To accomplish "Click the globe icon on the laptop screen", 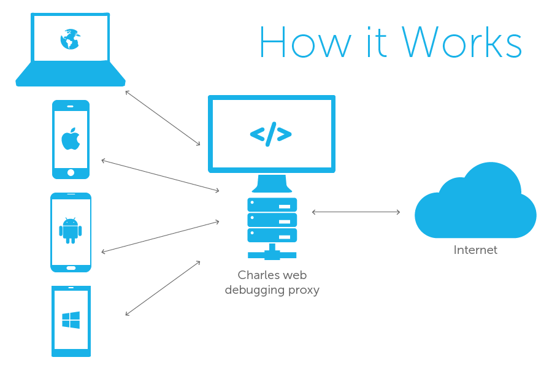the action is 70,39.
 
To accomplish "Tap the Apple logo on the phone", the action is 71,139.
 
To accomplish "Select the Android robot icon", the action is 71,231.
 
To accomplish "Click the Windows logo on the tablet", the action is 71,320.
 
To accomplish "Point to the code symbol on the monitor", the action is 270,134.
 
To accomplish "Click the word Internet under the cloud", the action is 475,250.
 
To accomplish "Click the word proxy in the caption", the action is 304,290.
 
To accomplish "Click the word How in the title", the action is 305,42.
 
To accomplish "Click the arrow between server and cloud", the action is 356,212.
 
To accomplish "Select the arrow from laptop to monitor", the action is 163,118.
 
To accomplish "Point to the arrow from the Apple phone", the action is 160,175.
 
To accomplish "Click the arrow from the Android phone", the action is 160,237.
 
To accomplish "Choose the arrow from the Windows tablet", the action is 163,288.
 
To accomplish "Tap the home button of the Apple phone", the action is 71,172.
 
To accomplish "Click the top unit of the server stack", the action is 272,205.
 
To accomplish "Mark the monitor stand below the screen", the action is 272,183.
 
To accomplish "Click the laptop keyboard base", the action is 71,74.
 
